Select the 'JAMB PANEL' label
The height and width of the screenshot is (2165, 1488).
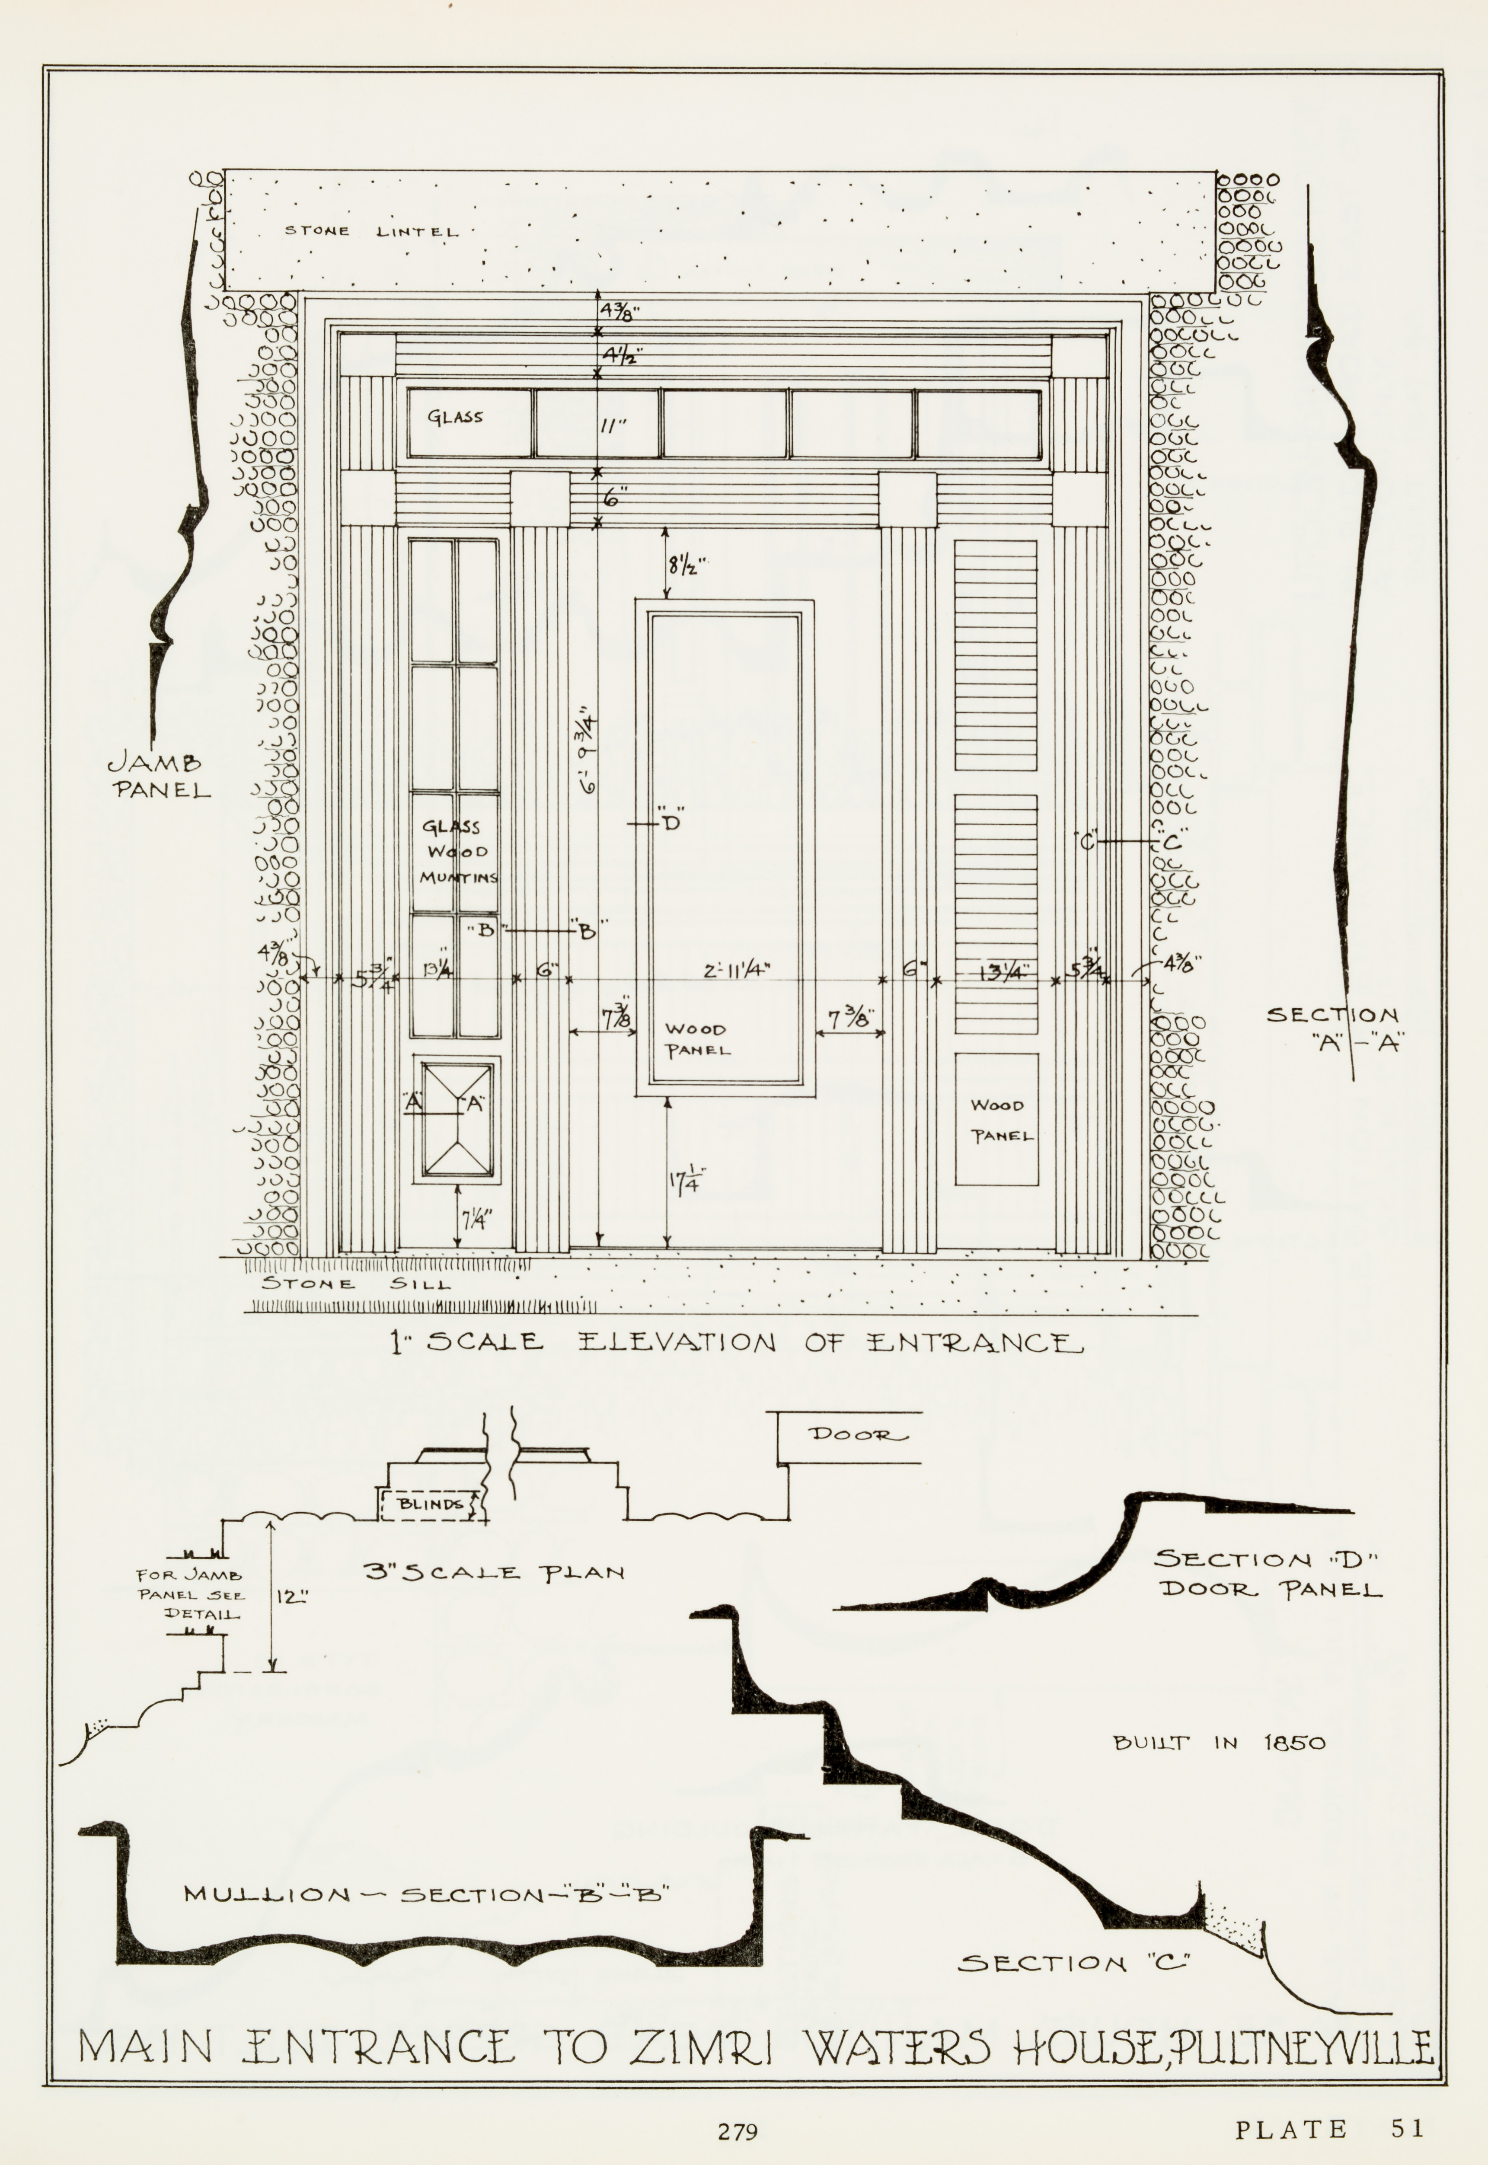coord(159,777)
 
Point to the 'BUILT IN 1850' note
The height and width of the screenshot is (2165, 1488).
coord(1219,1742)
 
